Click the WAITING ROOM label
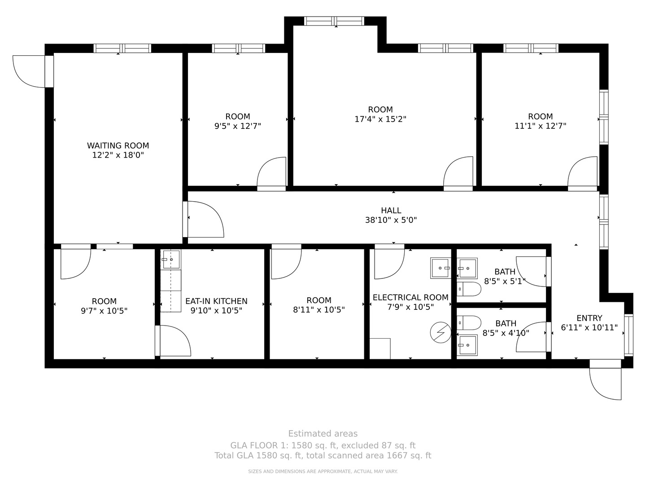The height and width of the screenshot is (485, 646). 118,145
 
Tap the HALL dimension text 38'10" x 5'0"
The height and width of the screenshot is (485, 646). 391,220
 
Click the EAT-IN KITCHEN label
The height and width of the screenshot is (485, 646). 216,301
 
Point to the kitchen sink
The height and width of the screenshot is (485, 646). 171,260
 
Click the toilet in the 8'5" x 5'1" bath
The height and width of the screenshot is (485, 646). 469,289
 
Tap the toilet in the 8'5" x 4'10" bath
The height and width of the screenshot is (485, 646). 469,322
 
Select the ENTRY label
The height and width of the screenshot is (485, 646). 589,318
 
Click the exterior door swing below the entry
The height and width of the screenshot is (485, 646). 606,382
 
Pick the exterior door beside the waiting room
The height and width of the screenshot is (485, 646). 31,71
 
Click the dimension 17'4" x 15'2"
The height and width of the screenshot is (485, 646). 380,119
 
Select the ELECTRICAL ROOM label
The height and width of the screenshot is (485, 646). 410,297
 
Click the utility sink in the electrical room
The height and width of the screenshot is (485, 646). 440,268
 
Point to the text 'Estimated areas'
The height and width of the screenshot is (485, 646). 323,433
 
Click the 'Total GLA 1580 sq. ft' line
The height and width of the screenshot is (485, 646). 323,455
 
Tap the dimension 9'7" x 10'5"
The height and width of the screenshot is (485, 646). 104,310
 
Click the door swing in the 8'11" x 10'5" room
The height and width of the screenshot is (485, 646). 285,263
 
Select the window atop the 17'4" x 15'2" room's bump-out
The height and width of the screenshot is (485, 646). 334,21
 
